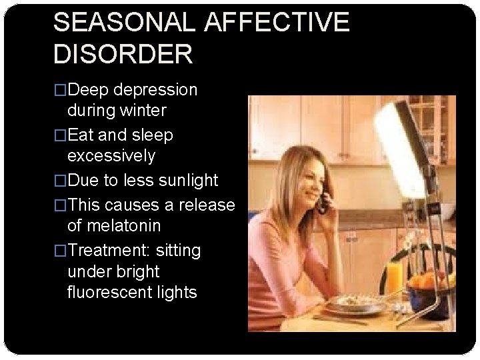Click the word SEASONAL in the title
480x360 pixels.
click(125, 22)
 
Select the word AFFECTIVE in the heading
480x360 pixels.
click(277, 22)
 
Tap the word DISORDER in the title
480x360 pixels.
click(123, 54)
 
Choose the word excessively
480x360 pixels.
click(111, 156)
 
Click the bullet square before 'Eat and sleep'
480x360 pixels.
click(60, 135)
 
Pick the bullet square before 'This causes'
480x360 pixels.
click(60, 205)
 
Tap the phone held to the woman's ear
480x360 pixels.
click(324, 201)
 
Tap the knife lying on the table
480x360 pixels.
click(339, 320)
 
